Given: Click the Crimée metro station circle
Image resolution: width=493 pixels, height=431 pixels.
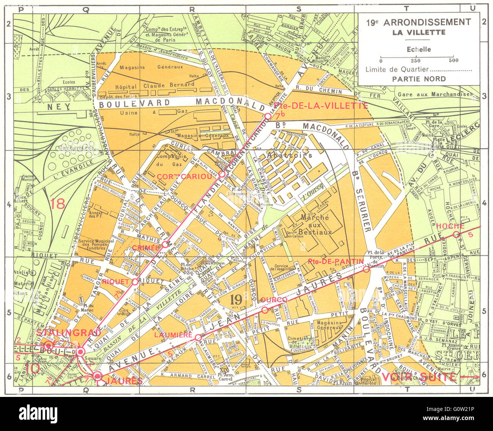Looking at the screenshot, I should coord(165,244).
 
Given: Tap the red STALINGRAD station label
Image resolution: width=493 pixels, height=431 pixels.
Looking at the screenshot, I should coord(69,333).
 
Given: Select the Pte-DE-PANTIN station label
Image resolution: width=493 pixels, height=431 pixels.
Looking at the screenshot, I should coord(336,261).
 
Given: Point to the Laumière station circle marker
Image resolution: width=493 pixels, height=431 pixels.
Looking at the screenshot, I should coord(198,337).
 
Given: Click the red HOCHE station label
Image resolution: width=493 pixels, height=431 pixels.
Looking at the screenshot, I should coord(450,226).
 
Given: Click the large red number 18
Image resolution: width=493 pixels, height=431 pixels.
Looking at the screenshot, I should coord(57,203).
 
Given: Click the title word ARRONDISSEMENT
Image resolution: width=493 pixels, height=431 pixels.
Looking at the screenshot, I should coord(427,22).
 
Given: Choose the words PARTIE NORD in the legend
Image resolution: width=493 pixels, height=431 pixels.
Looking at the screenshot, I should coord(419,79).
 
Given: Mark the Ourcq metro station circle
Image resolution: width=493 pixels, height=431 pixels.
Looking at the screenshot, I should coord(265,310).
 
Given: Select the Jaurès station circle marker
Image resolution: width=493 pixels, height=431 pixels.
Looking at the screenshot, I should coord(97,376).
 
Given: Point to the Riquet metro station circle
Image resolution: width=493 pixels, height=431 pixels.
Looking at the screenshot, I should coord(135,281).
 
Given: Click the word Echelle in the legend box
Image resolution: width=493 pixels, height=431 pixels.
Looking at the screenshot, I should coord(419,49).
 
